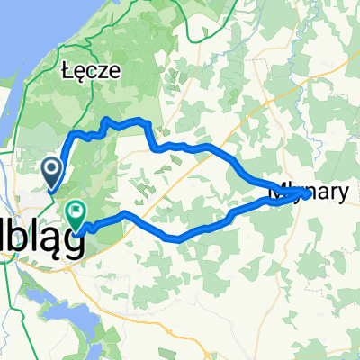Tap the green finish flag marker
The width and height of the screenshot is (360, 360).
(x=75, y=214)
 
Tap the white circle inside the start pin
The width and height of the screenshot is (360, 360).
(x=52, y=166)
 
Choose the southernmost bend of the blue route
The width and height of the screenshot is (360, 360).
(x=176, y=239)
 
